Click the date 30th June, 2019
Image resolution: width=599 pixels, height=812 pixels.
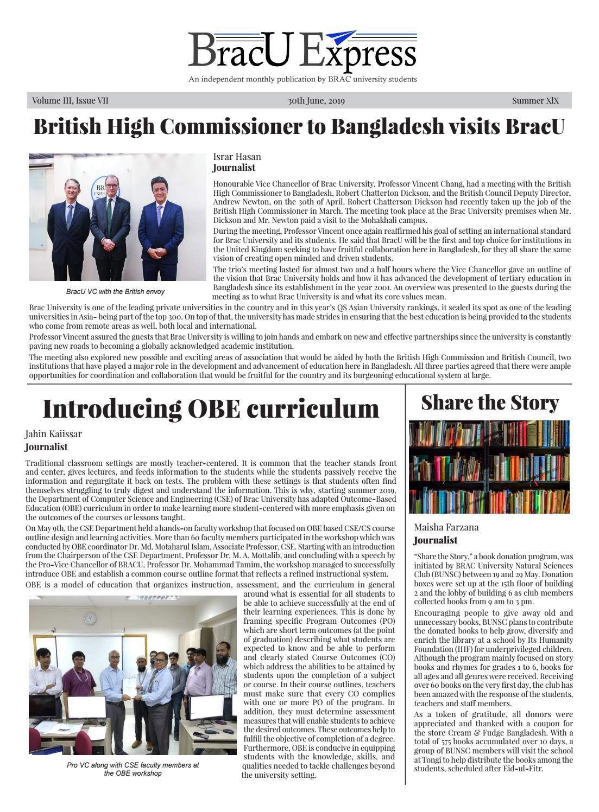(316, 101)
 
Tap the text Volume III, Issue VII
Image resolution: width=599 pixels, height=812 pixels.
(70, 101)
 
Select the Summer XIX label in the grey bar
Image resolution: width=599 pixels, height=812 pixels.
(535, 101)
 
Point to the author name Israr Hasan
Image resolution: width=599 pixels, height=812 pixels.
(237, 157)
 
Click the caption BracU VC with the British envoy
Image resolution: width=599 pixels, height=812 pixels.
(115, 292)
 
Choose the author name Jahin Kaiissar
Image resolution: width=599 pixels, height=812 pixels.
(53, 434)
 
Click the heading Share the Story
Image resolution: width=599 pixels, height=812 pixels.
(489, 402)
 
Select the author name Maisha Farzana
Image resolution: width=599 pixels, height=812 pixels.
(446, 527)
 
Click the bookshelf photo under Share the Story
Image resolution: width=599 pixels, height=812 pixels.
(488, 466)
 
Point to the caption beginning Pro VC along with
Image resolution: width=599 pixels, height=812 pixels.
(133, 769)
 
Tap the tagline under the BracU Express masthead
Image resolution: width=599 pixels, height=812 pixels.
(302, 79)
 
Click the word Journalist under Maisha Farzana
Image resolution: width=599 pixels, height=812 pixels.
(435, 540)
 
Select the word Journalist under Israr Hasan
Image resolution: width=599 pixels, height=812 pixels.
(234, 168)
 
